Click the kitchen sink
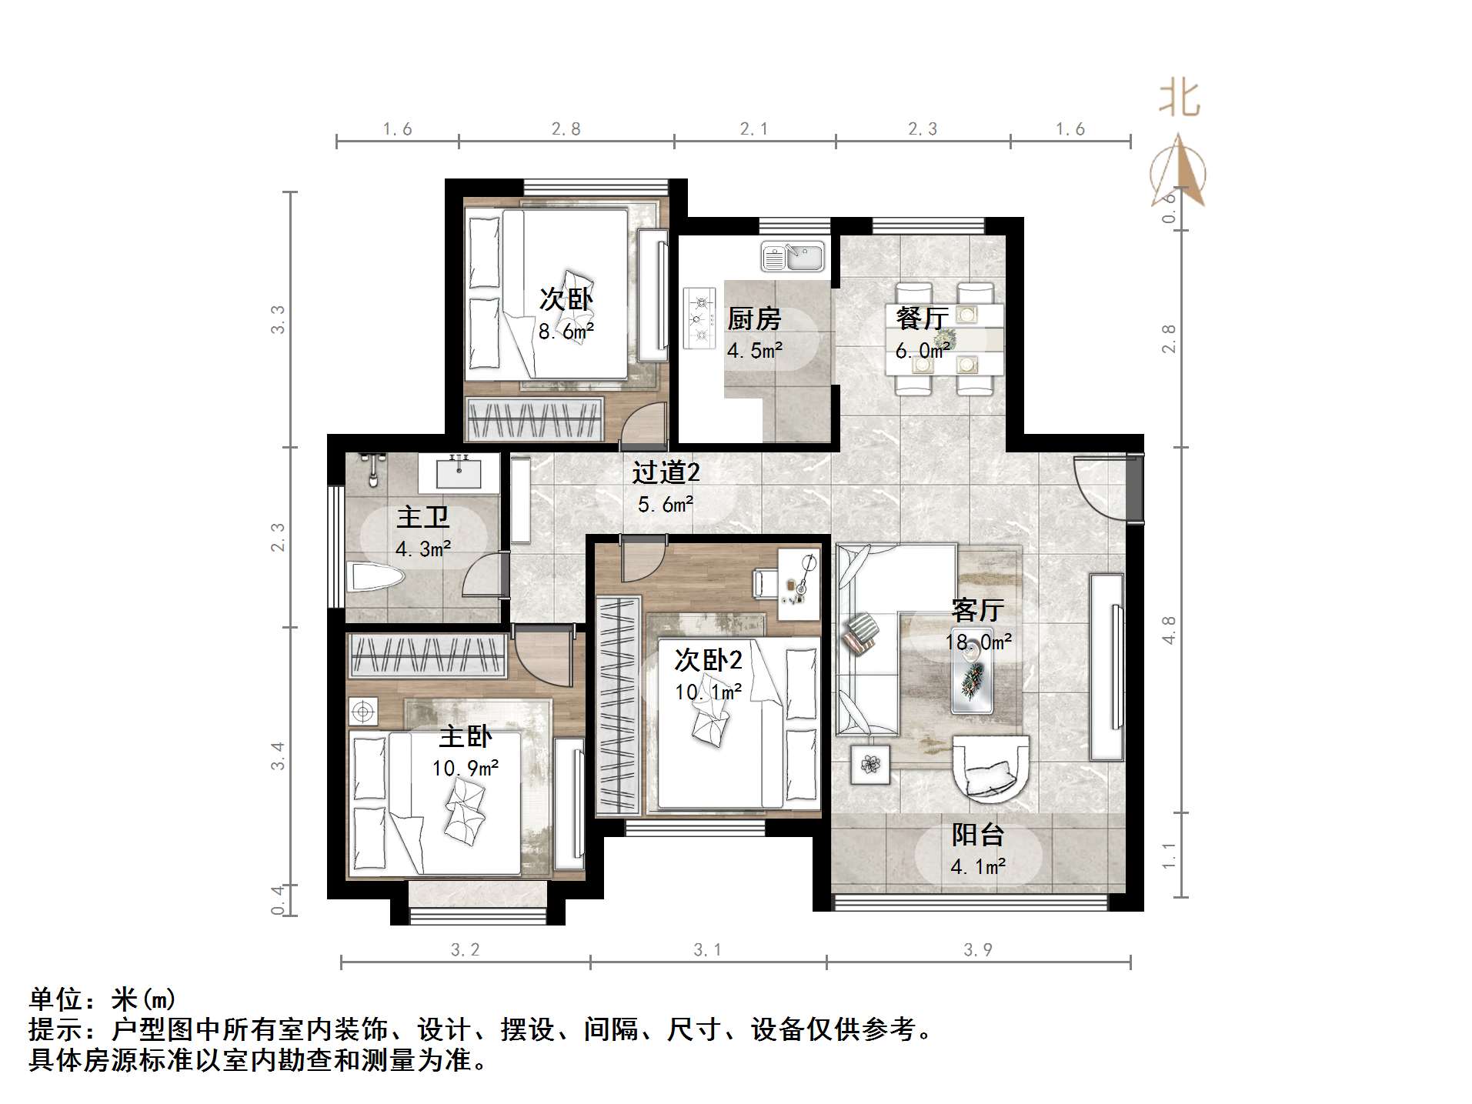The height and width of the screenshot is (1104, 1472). (x=793, y=257)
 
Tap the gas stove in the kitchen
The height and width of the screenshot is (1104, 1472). (x=699, y=318)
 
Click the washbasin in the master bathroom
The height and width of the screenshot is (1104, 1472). (x=459, y=472)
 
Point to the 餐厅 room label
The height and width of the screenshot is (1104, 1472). (x=922, y=318)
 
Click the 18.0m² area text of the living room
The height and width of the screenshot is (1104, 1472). (x=978, y=642)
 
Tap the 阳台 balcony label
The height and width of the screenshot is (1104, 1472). (x=977, y=835)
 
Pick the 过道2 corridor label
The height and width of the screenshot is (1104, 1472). (x=666, y=472)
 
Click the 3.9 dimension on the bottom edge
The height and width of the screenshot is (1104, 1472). (x=978, y=950)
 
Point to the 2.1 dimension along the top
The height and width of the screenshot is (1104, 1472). (x=754, y=129)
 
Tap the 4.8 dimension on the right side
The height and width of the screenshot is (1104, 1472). (x=1169, y=629)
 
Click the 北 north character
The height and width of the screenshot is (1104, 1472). (x=1179, y=98)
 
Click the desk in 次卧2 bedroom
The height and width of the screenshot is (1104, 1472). (x=798, y=585)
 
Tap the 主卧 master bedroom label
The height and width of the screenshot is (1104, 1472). (x=465, y=736)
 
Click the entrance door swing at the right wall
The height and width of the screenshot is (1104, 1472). (x=1099, y=485)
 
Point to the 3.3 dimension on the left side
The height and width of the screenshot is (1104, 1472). (x=278, y=319)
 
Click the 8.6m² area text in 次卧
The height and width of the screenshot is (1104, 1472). (x=566, y=332)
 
